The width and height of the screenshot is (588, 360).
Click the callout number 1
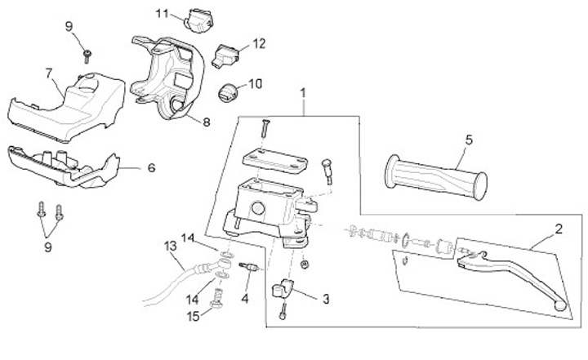304,94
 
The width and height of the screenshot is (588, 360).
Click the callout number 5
469,140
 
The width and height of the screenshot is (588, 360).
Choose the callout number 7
49,73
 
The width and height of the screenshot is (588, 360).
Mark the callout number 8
205,122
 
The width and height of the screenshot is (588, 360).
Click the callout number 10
255,83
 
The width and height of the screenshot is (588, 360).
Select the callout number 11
162,13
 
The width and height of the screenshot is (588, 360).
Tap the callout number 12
259,43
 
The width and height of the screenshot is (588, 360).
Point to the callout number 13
170,245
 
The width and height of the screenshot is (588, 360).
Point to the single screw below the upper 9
87,55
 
